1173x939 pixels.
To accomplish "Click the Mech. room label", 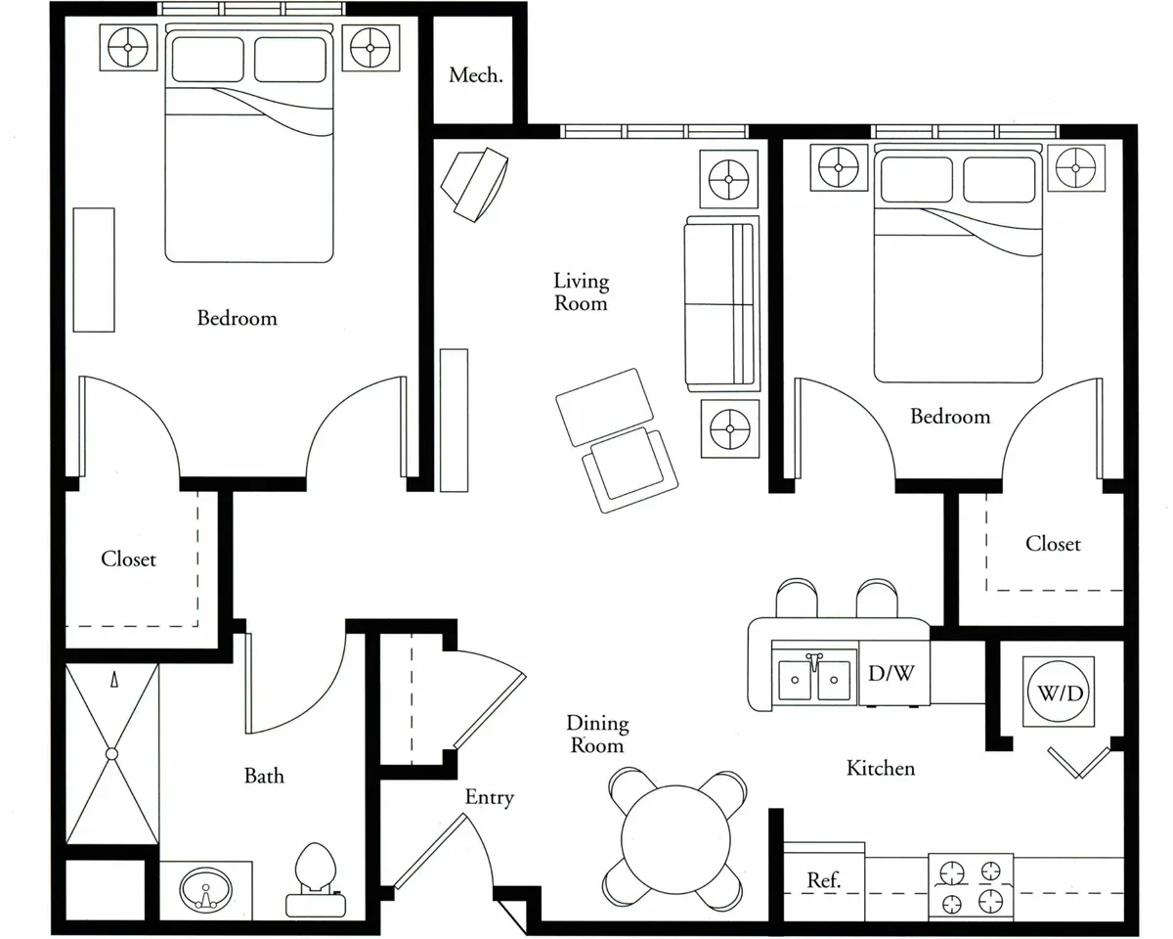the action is point(476,75).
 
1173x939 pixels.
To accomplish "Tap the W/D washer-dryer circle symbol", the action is point(1060,693).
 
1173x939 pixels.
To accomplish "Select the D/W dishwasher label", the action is point(891,673).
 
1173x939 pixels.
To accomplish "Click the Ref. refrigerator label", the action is point(824,879).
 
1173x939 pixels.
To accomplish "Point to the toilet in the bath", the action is point(316,879).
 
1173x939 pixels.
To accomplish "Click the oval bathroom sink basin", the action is point(206,890).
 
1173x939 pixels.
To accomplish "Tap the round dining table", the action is point(675,839).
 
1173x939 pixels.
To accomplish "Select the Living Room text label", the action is point(581,291).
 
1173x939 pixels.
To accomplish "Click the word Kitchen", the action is point(881,768).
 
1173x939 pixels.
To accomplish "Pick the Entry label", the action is point(490,798).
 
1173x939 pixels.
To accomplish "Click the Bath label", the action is point(264,776).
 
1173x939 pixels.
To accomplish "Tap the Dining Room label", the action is point(597,734).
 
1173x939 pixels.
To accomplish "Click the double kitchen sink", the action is point(814,678).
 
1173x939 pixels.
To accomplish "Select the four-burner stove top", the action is point(972,886).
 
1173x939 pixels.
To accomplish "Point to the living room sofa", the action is point(722,304).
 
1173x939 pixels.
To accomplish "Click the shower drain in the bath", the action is point(111,753).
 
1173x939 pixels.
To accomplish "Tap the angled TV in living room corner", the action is point(475,185).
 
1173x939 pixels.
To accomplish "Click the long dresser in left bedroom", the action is point(94,270).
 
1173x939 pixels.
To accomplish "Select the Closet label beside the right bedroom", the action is point(1053,544).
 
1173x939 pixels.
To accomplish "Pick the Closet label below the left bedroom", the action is point(129,559).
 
